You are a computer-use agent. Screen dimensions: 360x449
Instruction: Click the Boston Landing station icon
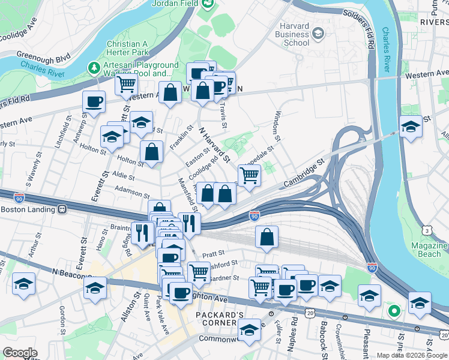[x=61, y=210]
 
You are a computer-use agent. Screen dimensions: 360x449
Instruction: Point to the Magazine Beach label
[x=429, y=250]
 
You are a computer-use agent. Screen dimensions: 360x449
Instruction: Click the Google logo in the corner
[x=20, y=353]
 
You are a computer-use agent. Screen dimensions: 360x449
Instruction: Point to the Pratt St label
[x=213, y=253]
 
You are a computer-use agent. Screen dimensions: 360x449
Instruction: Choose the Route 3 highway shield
[x=427, y=230]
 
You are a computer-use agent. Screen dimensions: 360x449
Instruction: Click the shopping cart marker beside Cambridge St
[x=249, y=175]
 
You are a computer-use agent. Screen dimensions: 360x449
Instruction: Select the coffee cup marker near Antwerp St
[x=94, y=101]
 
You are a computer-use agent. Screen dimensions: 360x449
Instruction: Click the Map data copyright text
[x=412, y=355]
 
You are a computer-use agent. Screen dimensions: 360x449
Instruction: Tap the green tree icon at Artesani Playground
[x=94, y=66]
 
